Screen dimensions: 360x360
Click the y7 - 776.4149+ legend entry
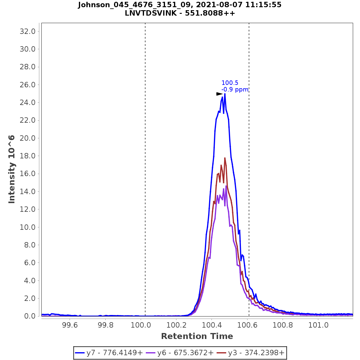point(109,353)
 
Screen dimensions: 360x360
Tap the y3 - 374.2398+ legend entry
point(256,353)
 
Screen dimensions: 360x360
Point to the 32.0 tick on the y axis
point(28,31)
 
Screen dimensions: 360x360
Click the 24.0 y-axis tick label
point(28,103)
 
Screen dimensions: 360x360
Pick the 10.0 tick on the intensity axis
point(28,227)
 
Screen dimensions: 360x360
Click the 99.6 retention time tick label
point(70,325)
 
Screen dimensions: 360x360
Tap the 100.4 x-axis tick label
point(211,325)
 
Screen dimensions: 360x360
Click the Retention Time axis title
point(197,336)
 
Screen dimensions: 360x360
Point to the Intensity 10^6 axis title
point(12,169)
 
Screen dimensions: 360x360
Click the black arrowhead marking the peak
point(219,94)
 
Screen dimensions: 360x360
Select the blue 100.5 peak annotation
point(230,83)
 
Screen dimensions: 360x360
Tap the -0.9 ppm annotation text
point(235,90)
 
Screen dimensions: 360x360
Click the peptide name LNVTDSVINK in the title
point(151,13)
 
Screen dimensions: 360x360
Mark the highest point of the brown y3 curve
point(225,158)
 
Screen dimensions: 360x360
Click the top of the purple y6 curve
point(226,186)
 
